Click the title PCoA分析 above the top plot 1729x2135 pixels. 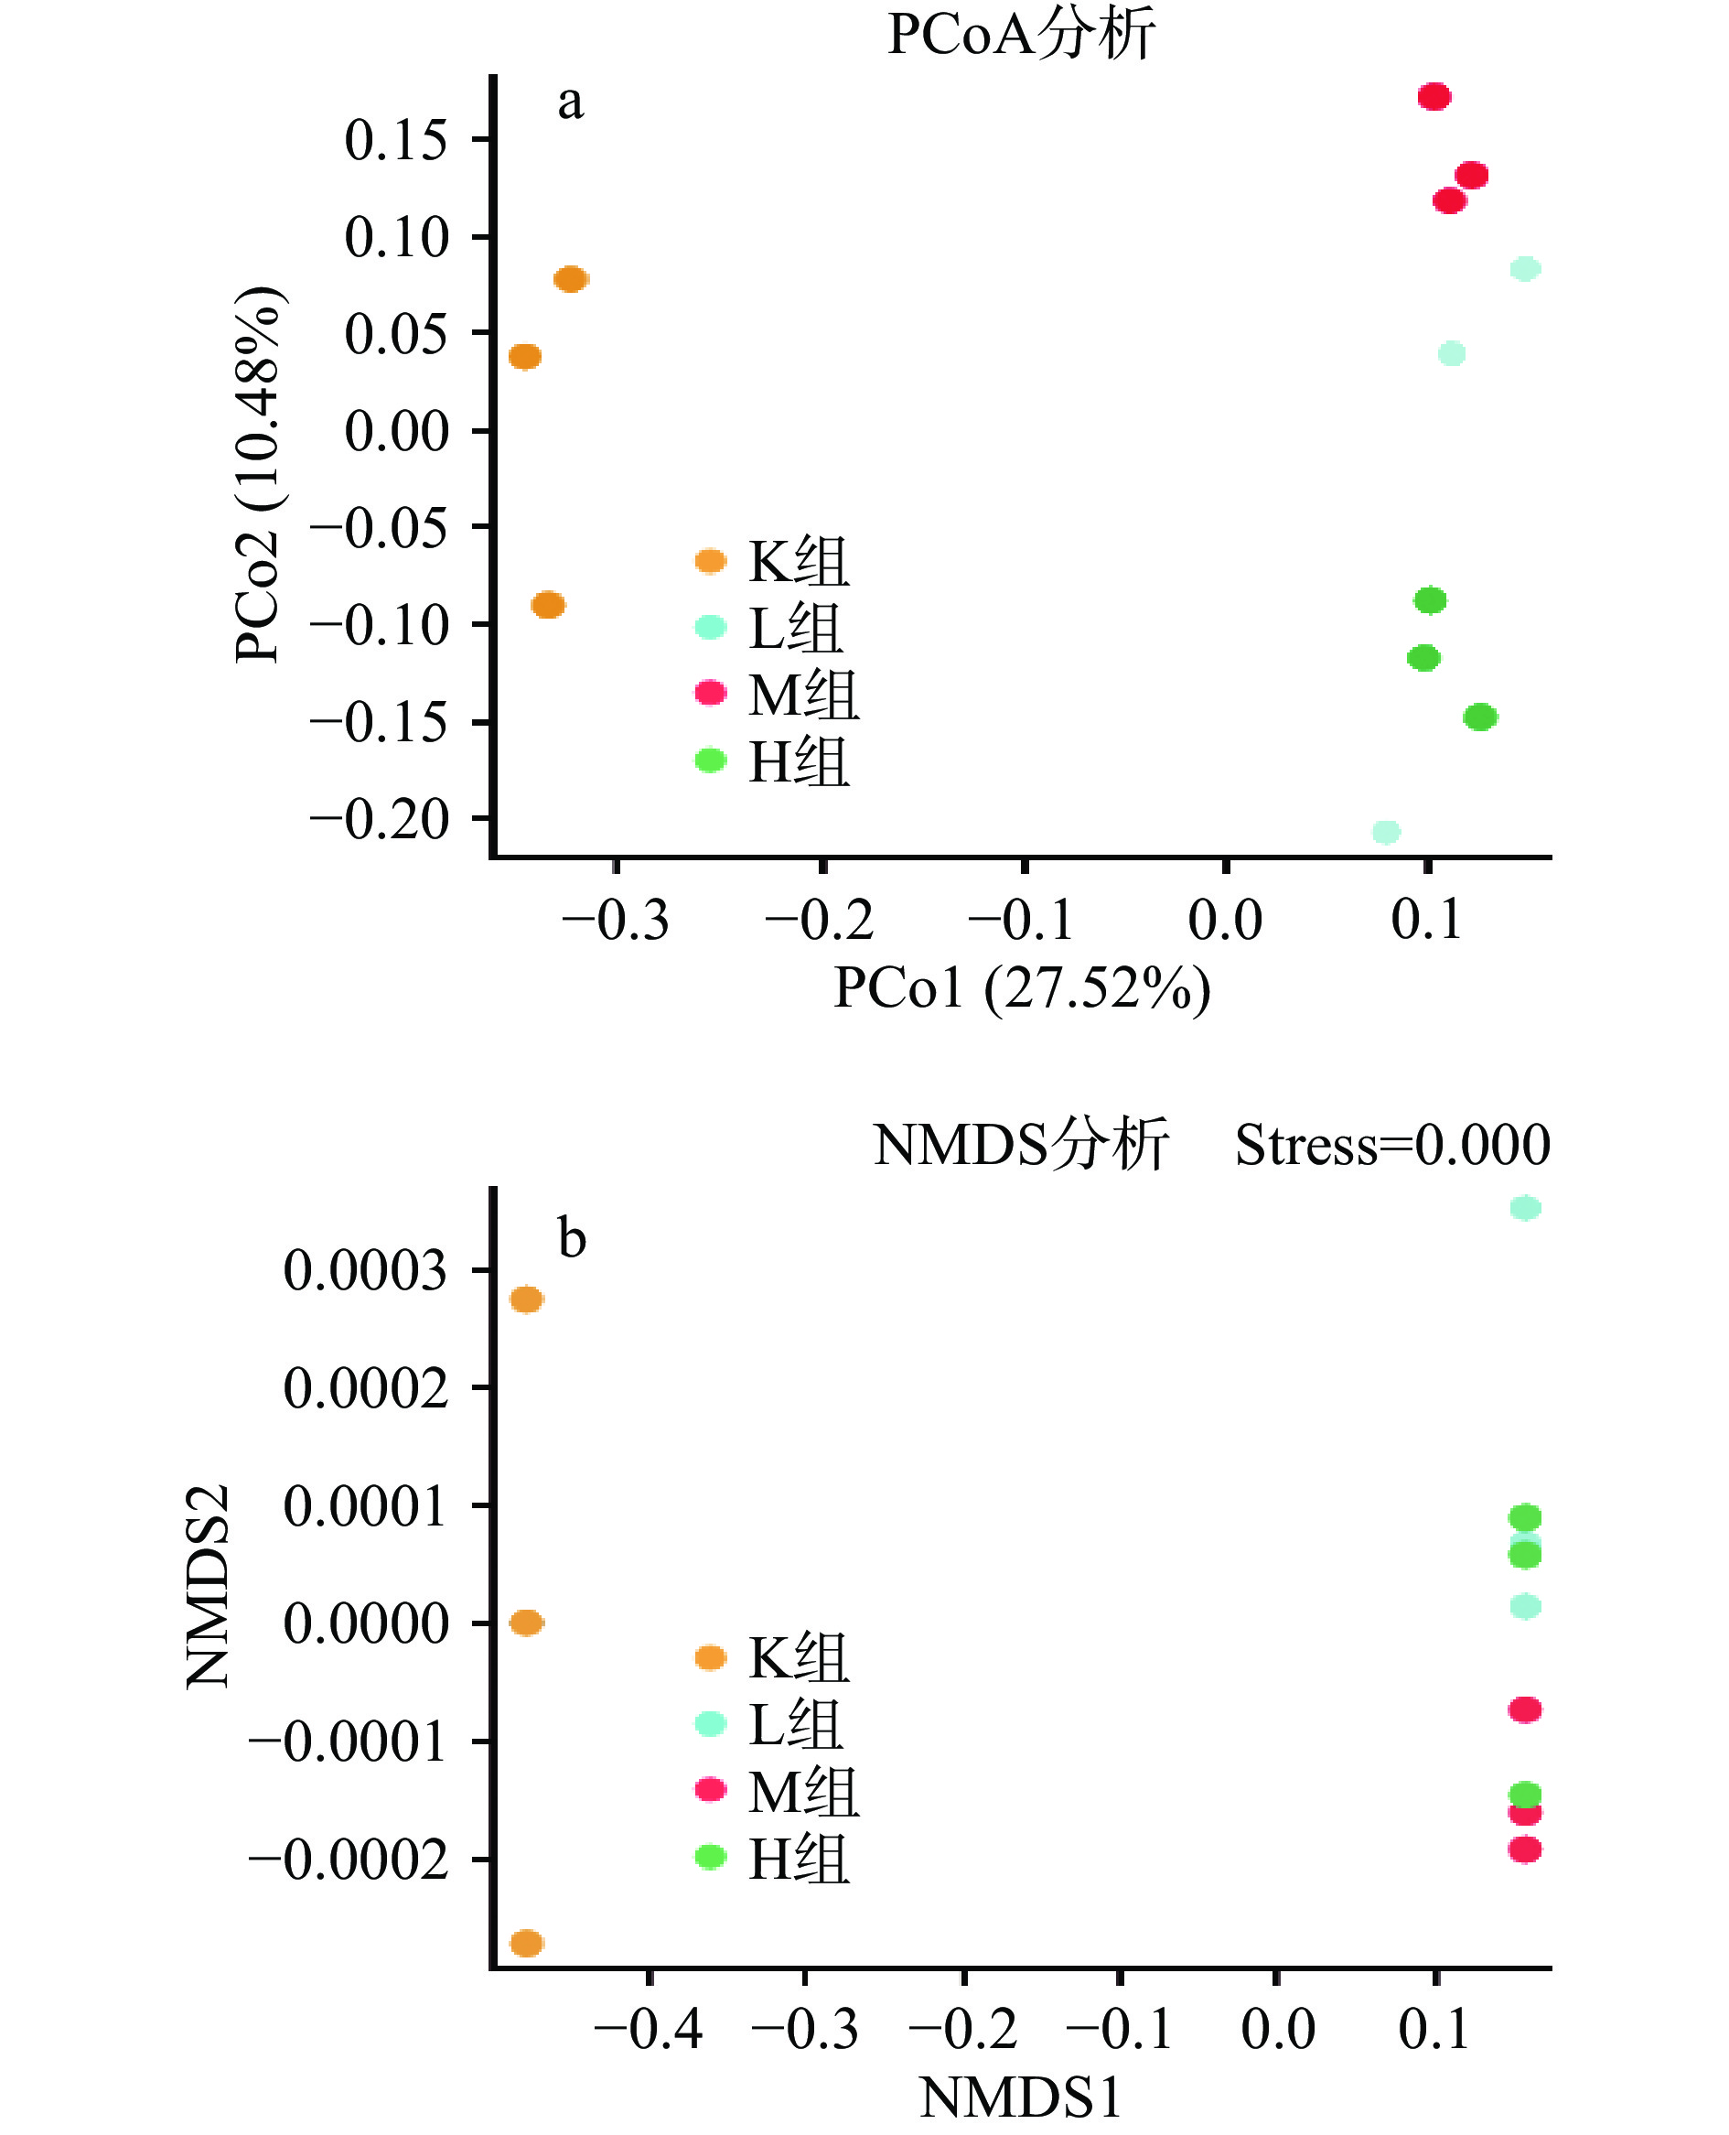(x=1021, y=34)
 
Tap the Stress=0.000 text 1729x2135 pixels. (x=1391, y=1145)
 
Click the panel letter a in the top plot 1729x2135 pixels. (x=570, y=102)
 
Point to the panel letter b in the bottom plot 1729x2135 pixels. (x=572, y=1238)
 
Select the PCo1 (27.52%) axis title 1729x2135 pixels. (x=1021, y=988)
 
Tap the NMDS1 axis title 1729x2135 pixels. (x=1021, y=2097)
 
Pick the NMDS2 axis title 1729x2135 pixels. (x=209, y=1586)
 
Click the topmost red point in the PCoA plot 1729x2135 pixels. (x=1434, y=97)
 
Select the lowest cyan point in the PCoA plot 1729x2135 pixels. (x=1385, y=832)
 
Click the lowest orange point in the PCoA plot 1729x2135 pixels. (x=548, y=605)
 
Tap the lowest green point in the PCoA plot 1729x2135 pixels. (x=1480, y=717)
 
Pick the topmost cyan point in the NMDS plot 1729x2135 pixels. (x=1525, y=1209)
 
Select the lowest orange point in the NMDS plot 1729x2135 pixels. (x=526, y=1943)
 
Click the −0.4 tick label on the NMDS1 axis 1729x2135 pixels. (x=649, y=2029)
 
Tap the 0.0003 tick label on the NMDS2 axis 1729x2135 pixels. (x=366, y=1270)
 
